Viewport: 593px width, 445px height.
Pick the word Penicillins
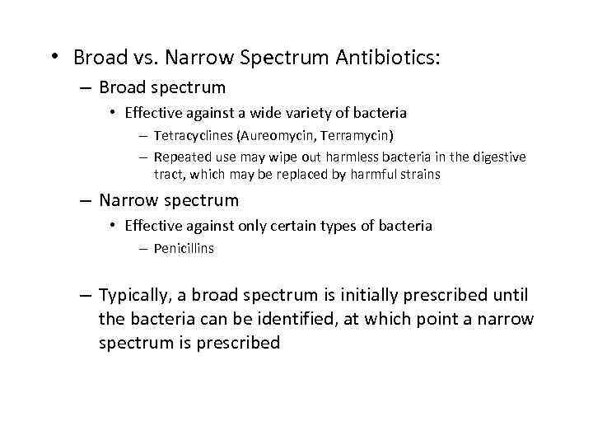coord(184,248)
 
